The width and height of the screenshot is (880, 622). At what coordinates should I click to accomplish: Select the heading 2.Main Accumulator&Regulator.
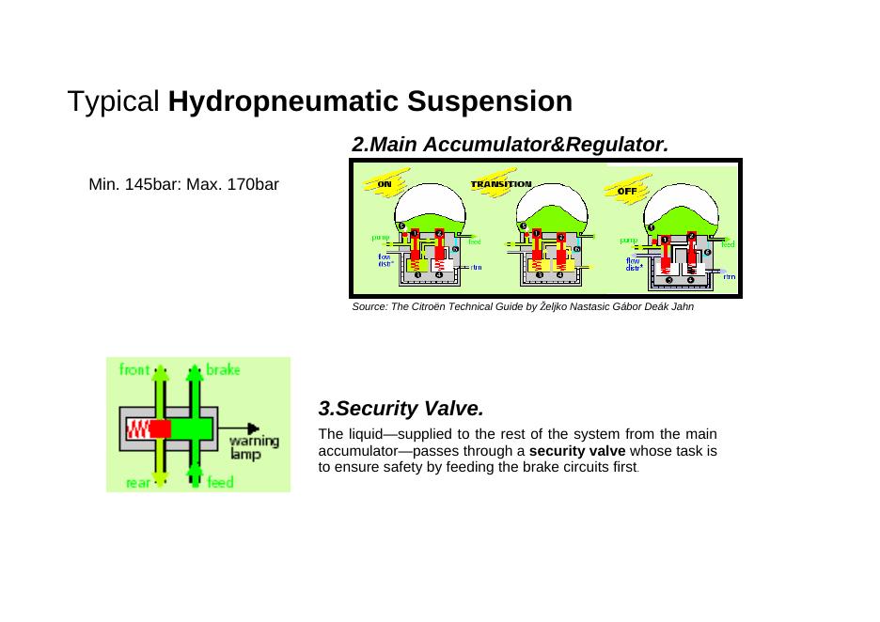(x=509, y=145)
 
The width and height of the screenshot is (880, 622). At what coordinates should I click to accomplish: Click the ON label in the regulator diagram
(x=385, y=184)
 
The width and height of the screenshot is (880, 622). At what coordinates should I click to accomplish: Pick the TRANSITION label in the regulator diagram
(x=501, y=184)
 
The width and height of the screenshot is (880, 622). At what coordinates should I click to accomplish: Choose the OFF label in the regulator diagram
(x=627, y=191)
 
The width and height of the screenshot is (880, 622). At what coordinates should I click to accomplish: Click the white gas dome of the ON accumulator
(x=430, y=198)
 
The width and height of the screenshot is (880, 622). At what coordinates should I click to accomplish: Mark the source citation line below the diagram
(x=523, y=307)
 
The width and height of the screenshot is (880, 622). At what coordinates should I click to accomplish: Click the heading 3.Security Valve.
(x=401, y=409)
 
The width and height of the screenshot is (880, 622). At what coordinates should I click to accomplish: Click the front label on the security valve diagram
(x=134, y=369)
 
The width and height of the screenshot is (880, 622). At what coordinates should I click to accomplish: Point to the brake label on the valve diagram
(x=223, y=369)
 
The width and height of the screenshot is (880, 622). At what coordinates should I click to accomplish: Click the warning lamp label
(x=253, y=446)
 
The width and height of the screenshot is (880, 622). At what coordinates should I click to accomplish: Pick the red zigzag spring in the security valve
(x=137, y=429)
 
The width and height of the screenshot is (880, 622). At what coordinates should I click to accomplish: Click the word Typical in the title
(x=114, y=101)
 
